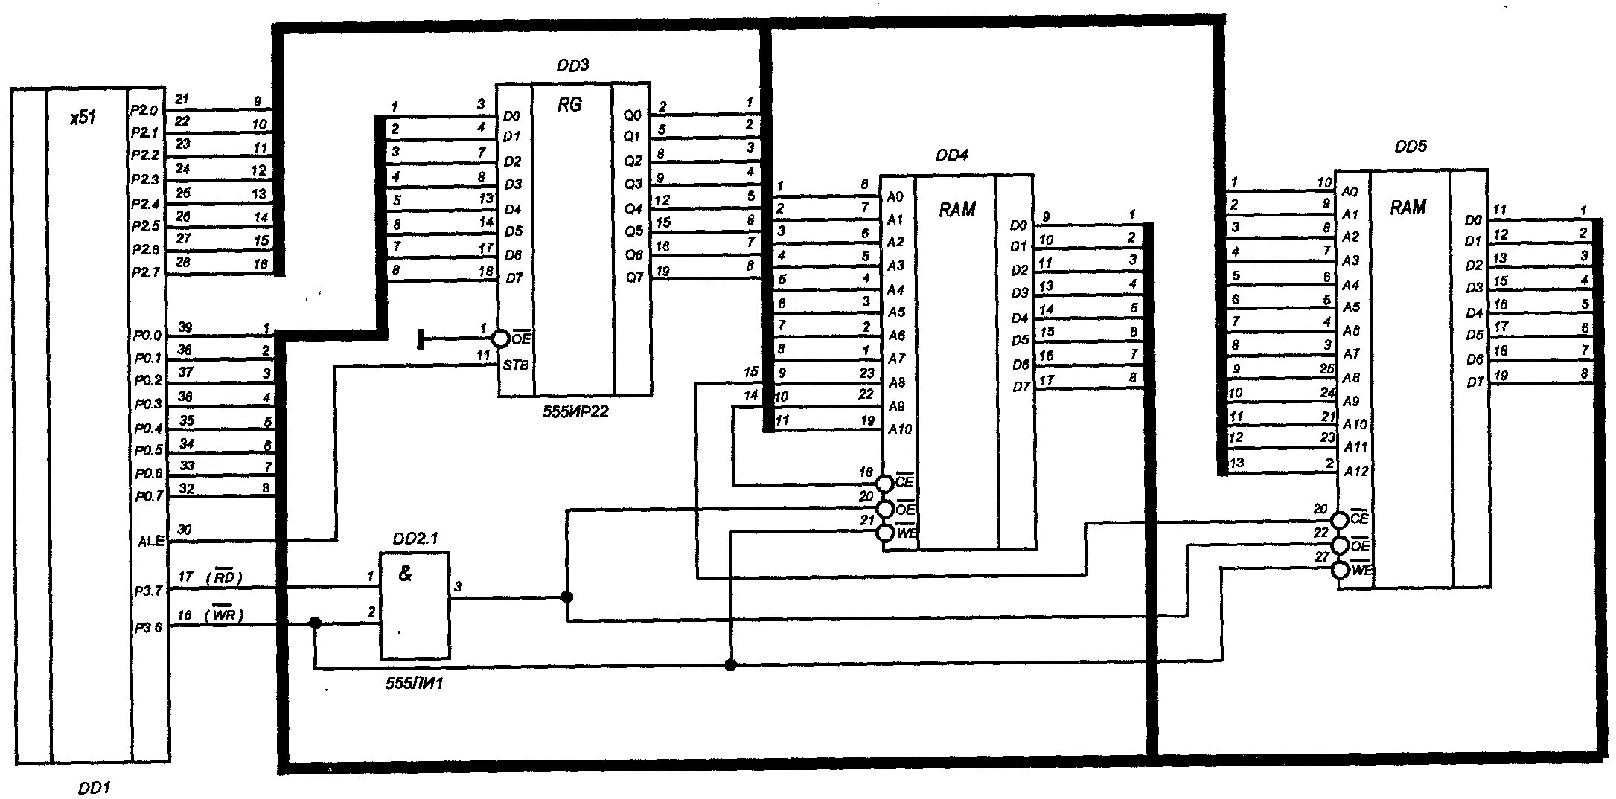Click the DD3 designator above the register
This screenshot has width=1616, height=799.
pos(572,65)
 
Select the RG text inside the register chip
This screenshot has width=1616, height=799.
pos(569,105)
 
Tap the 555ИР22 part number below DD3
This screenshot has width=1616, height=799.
pos(575,411)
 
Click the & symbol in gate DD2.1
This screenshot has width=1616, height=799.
pos(405,574)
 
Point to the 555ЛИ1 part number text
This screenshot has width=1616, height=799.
pos(414,683)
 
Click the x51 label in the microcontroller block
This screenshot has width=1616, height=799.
pos(83,118)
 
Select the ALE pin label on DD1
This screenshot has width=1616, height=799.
pos(150,542)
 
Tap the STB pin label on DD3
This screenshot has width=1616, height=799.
pos(515,365)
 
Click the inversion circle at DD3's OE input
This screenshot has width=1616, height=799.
pos(502,339)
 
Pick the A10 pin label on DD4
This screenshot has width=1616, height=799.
pos(900,429)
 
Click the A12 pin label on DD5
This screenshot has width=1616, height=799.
pos(1355,471)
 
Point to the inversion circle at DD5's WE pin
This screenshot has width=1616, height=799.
pos(1340,571)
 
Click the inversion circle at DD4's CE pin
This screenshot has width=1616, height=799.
pos(884,484)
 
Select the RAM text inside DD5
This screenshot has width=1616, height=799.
pos(1408,208)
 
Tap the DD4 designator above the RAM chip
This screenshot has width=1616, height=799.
pos(951,155)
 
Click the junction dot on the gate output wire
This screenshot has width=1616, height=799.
pos(566,597)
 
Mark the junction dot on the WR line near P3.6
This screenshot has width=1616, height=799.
pos(315,623)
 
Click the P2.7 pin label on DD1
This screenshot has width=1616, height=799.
pos(146,273)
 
